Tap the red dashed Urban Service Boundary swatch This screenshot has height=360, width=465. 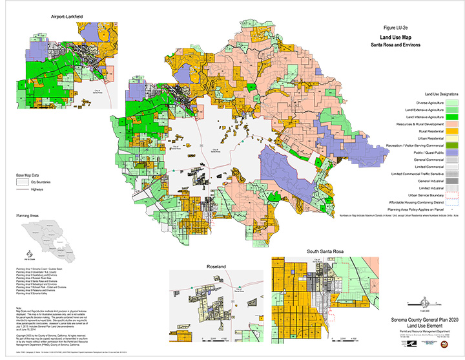click(x=451, y=195)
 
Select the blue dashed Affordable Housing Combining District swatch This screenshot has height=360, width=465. click(x=451, y=202)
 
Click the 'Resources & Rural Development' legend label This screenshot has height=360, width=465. click(x=417, y=123)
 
